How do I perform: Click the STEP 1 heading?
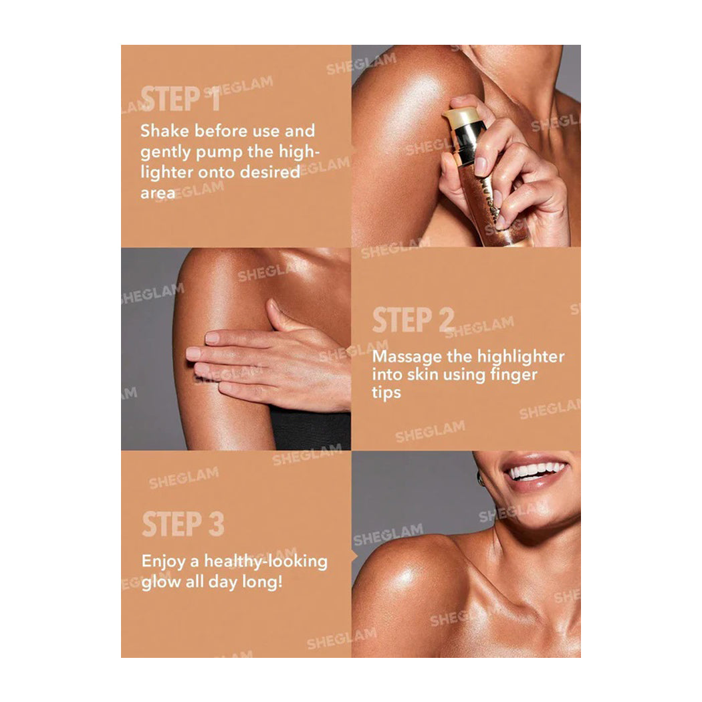pyautogui.click(x=181, y=98)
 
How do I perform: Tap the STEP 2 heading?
pyautogui.click(x=413, y=320)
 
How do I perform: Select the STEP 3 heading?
pyautogui.click(x=183, y=523)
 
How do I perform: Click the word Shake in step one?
pyautogui.click(x=164, y=131)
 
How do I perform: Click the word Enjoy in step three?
pyautogui.click(x=163, y=562)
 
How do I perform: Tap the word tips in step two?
pyautogui.click(x=386, y=393)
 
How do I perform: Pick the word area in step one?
pyautogui.click(x=158, y=193)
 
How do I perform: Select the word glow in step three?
pyautogui.click(x=160, y=582)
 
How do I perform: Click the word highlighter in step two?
pyautogui.click(x=521, y=357)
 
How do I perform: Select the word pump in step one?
pyautogui.click(x=219, y=152)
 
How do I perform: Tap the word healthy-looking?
pyautogui.click(x=266, y=562)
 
